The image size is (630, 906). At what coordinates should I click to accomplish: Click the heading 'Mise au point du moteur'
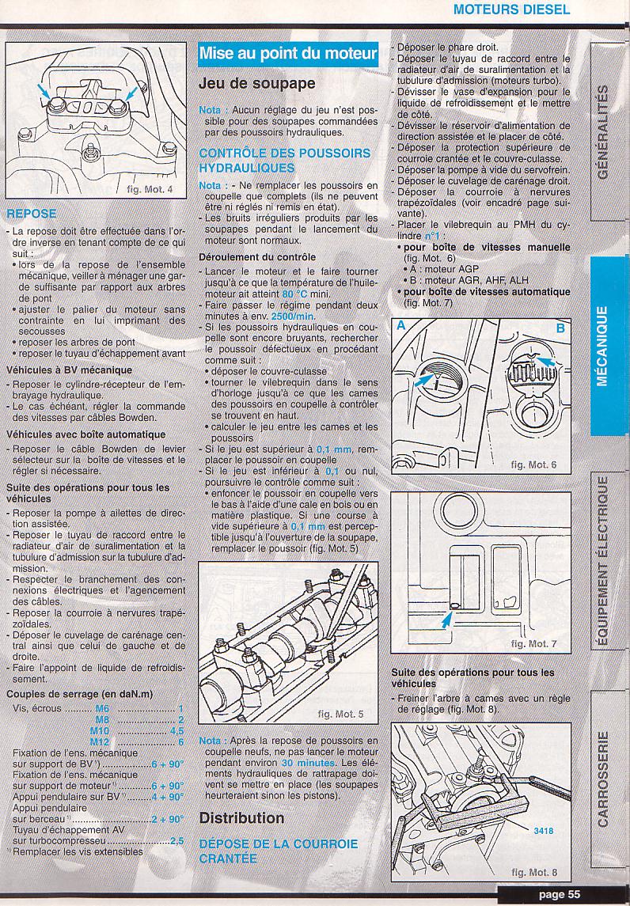point(288,55)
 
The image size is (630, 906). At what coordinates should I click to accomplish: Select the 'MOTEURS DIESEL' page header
point(511,9)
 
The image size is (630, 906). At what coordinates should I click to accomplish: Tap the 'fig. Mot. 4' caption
point(149,189)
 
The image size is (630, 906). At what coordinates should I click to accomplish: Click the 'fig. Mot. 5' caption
point(340,715)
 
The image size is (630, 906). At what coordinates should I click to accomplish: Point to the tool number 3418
point(543,830)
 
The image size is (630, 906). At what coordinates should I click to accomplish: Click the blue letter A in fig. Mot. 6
point(401,327)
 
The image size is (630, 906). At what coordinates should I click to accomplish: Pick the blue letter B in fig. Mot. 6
point(560,329)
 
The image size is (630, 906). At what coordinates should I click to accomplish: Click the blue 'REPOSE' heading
point(31,214)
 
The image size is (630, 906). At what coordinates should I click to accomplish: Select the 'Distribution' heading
point(241,818)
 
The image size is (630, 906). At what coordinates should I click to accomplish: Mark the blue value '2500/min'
point(293,316)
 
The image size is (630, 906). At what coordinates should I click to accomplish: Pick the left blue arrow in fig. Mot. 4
point(43,91)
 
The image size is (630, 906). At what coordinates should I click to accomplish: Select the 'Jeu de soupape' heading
point(257,84)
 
